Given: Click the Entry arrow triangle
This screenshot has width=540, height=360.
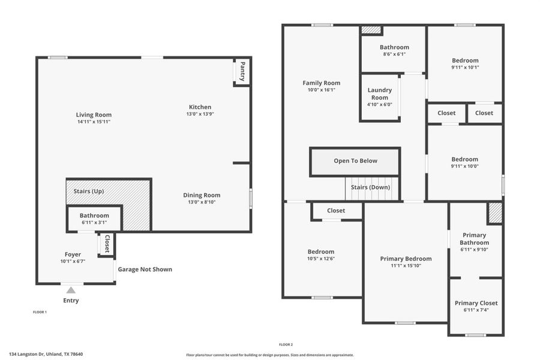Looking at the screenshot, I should click(71, 290).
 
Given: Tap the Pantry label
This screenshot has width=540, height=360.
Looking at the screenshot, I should click(242, 71).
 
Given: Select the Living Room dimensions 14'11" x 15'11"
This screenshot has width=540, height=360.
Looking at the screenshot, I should click(94, 122).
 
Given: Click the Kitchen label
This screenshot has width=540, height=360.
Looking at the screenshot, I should click(200, 107).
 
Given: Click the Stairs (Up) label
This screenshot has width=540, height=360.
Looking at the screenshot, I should click(89, 191).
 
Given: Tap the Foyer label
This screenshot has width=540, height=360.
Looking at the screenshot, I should click(73, 254).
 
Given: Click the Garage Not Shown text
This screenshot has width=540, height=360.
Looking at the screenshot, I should click(145, 269).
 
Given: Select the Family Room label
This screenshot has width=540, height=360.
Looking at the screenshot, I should click(321, 83).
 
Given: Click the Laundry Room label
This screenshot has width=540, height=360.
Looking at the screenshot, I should click(379, 94).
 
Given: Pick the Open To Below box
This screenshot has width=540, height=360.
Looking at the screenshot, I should click(355, 161).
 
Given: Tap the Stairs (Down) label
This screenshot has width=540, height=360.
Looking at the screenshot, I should click(370, 187).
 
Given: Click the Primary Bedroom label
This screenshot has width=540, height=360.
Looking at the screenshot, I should click(406, 259).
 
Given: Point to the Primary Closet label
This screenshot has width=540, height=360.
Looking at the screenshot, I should click(476, 303).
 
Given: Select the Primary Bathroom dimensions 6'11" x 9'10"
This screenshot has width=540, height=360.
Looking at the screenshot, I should click(474, 250).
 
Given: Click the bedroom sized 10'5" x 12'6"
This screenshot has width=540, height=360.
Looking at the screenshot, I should click(321, 256).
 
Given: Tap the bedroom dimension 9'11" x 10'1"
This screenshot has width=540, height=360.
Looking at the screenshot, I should click(465, 67).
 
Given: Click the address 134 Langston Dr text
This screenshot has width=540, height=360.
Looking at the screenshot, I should click(46, 354).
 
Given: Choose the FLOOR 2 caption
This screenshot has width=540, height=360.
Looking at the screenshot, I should click(286, 344).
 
